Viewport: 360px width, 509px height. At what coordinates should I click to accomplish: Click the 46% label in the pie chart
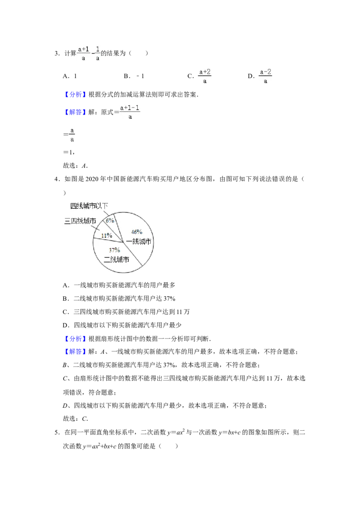136,232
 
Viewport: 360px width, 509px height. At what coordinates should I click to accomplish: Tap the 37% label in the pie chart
114,250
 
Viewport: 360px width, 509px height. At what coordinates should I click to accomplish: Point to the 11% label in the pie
107,235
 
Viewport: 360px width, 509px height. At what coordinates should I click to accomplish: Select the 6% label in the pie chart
110,220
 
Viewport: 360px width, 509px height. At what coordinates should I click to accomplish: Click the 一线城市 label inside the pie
139,241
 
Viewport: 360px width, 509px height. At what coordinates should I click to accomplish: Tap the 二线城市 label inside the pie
116,259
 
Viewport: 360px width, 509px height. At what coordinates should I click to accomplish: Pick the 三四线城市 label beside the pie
80,221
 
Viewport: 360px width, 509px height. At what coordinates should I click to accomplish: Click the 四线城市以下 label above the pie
89,206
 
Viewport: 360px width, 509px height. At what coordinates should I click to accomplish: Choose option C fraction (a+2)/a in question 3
205,76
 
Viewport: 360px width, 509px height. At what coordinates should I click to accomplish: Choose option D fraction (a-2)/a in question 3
265,76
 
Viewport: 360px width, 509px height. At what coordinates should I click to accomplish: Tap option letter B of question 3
127,76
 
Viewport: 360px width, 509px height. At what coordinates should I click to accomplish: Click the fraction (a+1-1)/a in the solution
130,112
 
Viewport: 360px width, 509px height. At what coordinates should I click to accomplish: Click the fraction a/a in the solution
72,135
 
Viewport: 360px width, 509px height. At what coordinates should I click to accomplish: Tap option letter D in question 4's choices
66,325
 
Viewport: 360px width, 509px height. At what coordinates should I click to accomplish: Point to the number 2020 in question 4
92,179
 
